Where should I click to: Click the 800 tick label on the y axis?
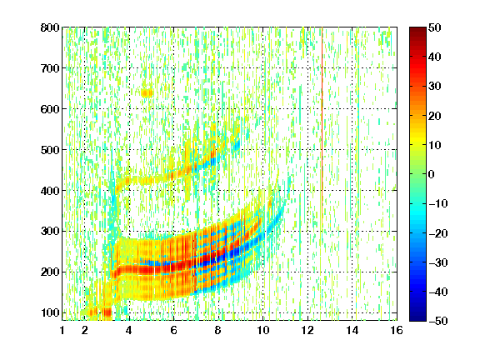point(50,27)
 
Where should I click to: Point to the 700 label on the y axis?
point(50,68)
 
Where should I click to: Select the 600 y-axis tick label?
point(50,109)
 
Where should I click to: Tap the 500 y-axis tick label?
point(50,150)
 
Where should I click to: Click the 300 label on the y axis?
point(50,231)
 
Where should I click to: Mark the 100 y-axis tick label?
point(50,312)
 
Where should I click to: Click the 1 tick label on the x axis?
point(62,330)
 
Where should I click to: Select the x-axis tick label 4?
point(129,330)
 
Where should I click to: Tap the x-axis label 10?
point(262,330)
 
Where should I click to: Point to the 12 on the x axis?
point(307,330)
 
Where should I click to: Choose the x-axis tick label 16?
point(397,330)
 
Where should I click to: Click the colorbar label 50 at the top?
point(434,27)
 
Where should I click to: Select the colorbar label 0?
point(431,174)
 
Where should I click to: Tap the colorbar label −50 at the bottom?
point(438,321)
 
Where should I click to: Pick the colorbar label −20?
point(438,233)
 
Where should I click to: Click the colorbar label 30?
point(434,87)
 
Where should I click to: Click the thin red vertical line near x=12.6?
point(322,122)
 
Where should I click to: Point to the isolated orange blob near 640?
point(147,92)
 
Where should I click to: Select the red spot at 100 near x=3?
point(107,312)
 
